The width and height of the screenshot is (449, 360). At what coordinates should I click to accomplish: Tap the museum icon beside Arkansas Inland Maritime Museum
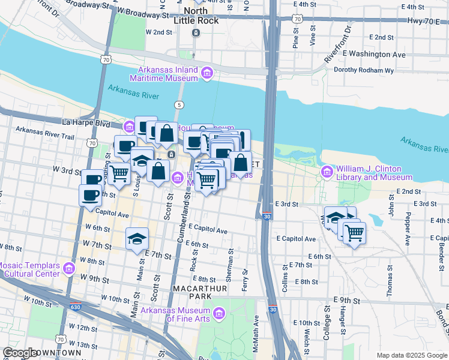tap(207, 73)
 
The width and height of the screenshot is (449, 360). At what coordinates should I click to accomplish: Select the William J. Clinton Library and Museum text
tap(374, 173)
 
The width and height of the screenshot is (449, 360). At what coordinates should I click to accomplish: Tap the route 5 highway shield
tap(179, 105)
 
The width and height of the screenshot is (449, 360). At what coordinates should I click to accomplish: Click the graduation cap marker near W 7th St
tap(137, 238)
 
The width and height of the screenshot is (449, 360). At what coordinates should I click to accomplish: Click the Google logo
tap(21, 353)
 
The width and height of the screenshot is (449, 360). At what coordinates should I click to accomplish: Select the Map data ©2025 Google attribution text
tap(411, 355)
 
